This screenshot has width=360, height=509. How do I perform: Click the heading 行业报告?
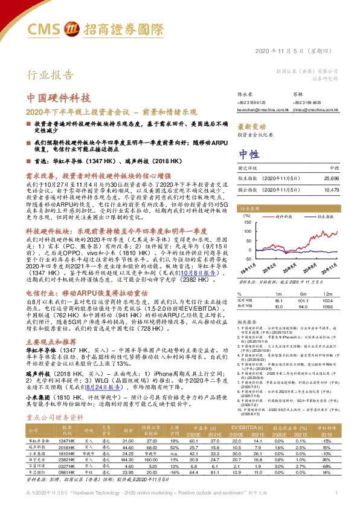tap(46, 75)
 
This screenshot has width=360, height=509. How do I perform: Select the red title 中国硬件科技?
tap(60, 98)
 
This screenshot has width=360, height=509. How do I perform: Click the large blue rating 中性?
tap(248, 153)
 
